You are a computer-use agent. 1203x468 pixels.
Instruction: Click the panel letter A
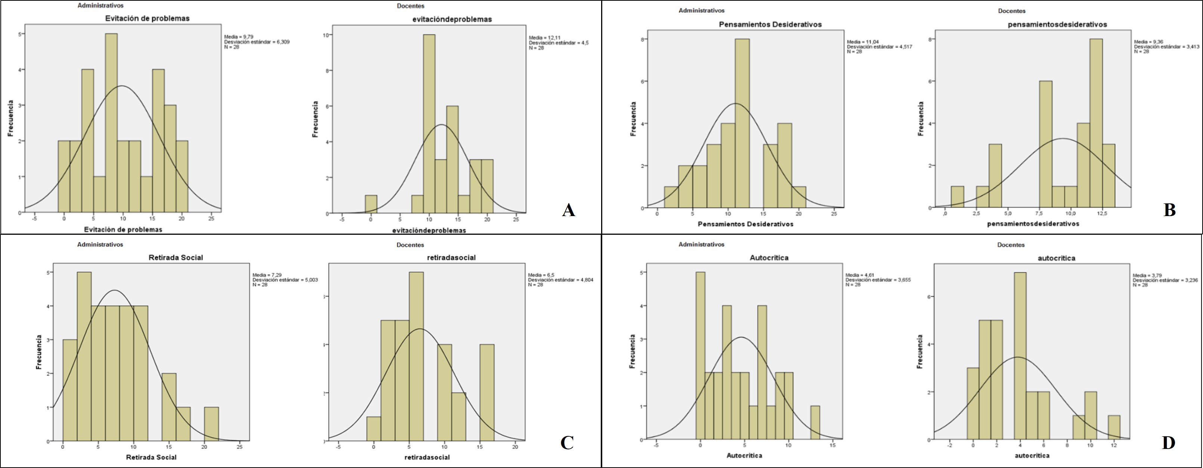coord(568,210)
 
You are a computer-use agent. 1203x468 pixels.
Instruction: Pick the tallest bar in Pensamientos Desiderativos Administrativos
coord(742,123)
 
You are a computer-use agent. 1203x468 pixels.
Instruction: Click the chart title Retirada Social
coord(176,258)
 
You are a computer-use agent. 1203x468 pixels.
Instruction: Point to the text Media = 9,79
coord(239,37)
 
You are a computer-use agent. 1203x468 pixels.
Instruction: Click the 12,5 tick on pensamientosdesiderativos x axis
coord(1102,214)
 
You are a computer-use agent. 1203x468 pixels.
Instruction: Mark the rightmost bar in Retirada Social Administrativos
coord(211,424)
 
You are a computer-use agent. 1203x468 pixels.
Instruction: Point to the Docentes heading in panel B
coord(1012,11)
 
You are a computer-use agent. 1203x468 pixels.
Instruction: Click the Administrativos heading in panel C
coord(100,244)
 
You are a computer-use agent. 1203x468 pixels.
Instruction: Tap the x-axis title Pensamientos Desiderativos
coord(745,224)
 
